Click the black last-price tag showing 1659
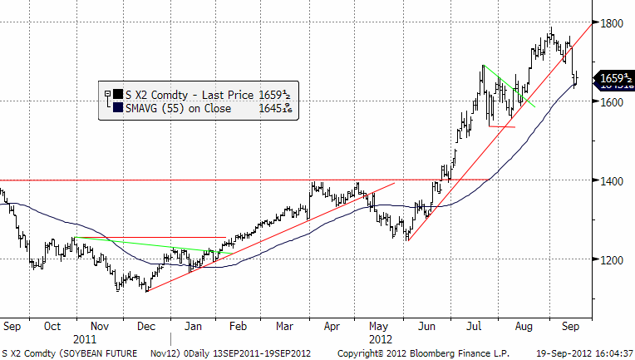click(612, 79)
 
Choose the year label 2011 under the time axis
click(86, 340)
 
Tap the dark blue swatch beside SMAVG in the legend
click(118, 107)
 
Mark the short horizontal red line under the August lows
click(503, 127)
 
